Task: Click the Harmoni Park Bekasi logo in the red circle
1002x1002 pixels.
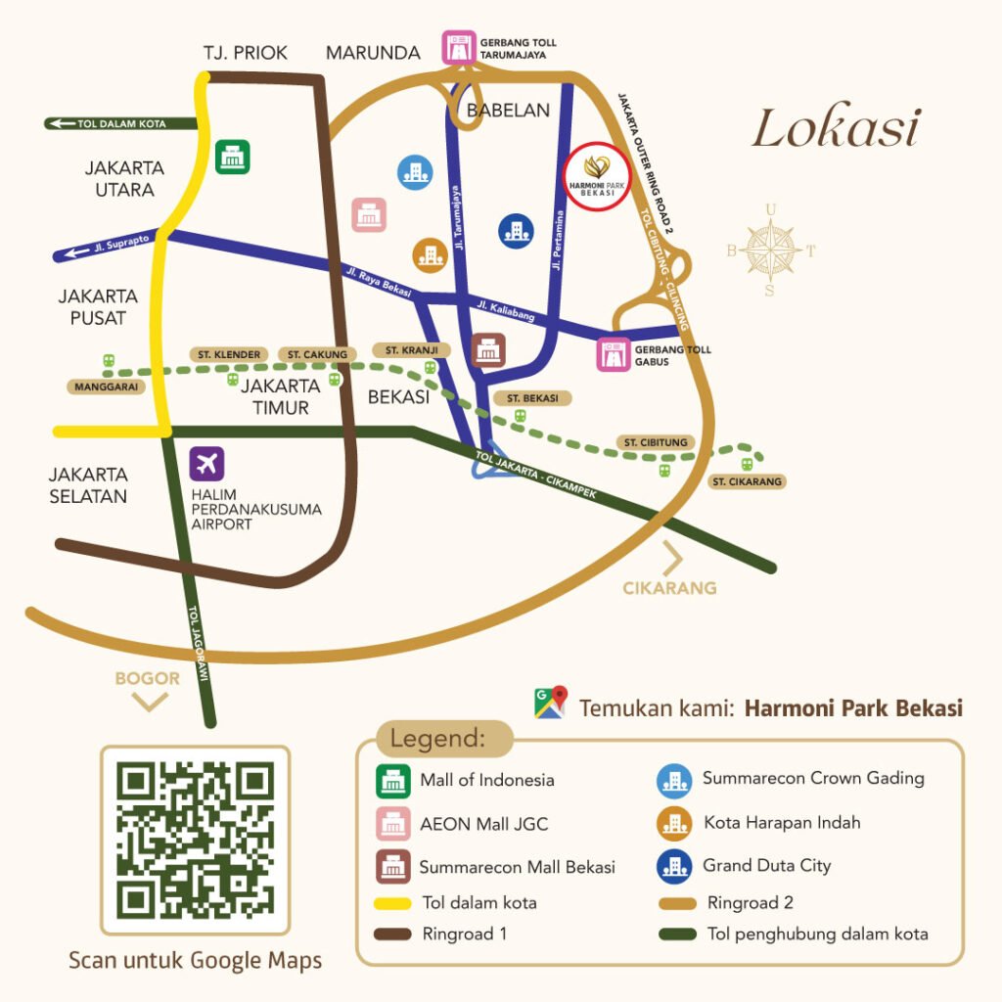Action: tap(599, 177)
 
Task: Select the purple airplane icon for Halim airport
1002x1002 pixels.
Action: tap(207, 462)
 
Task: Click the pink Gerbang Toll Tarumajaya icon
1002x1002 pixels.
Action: tap(457, 48)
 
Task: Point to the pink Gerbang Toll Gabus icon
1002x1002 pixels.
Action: tap(614, 355)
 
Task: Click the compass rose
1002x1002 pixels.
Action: tap(770, 249)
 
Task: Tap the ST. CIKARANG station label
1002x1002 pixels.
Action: tap(749, 481)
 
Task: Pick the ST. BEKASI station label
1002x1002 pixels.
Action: tap(532, 398)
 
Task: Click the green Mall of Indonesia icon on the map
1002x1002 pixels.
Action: tap(233, 157)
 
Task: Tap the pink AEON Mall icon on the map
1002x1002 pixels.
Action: tap(369, 214)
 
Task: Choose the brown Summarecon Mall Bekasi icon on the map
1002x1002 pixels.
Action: tap(487, 349)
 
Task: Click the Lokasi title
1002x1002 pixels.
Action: tap(836, 129)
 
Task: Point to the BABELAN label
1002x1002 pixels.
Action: tap(508, 111)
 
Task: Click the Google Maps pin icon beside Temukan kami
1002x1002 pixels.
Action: tap(550, 704)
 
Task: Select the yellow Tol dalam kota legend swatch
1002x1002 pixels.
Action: tap(395, 902)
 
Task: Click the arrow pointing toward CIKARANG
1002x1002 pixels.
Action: tap(674, 559)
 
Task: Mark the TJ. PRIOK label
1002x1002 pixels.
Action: tap(246, 53)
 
